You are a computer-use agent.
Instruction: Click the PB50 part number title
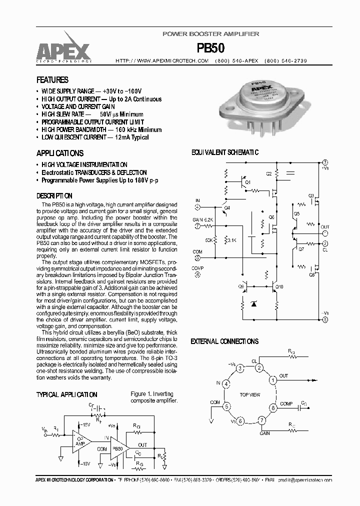210,47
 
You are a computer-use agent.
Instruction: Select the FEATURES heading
52,80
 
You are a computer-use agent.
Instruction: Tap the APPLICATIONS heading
60,153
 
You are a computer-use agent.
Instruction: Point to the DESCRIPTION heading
54,196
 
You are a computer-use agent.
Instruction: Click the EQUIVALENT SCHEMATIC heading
224,152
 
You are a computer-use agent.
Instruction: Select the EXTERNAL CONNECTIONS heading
224,341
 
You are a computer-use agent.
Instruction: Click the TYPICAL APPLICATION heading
66,394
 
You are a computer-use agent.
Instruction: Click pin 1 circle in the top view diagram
273,380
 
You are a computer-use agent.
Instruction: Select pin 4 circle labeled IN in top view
226,384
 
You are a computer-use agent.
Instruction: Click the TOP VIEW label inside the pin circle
249,395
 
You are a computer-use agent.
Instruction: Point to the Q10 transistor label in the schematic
279,286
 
